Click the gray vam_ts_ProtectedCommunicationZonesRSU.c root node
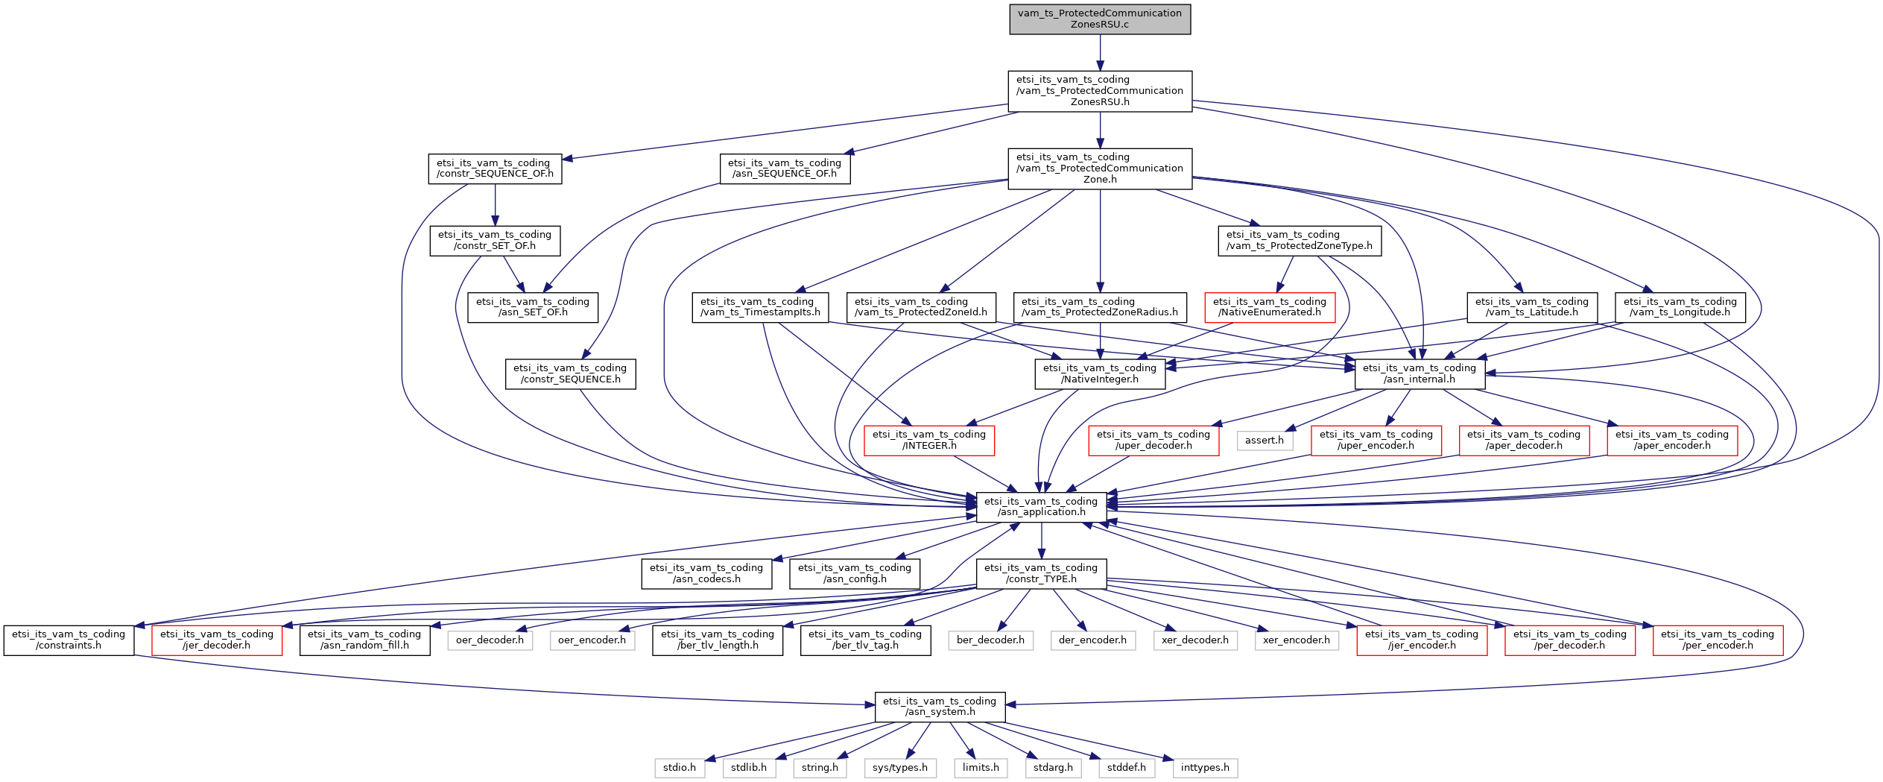(1099, 19)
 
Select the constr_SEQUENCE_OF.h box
(495, 168)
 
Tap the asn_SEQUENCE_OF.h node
(785, 168)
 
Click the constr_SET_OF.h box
(495, 240)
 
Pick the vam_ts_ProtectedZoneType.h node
(1300, 240)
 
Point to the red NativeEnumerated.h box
(1270, 307)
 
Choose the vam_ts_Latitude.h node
(1531, 307)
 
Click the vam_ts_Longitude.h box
(1680, 307)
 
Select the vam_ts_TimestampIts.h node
(760, 307)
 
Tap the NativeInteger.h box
(1100, 373)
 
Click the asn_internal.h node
(1420, 373)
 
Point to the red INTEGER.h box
(929, 440)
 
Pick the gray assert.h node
(1265, 441)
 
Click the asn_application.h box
(1041, 507)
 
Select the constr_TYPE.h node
(1041, 573)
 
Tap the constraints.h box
(69, 640)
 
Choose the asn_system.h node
(940, 707)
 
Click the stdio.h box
(680, 768)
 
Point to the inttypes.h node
(1205, 768)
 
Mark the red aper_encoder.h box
(1672, 440)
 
